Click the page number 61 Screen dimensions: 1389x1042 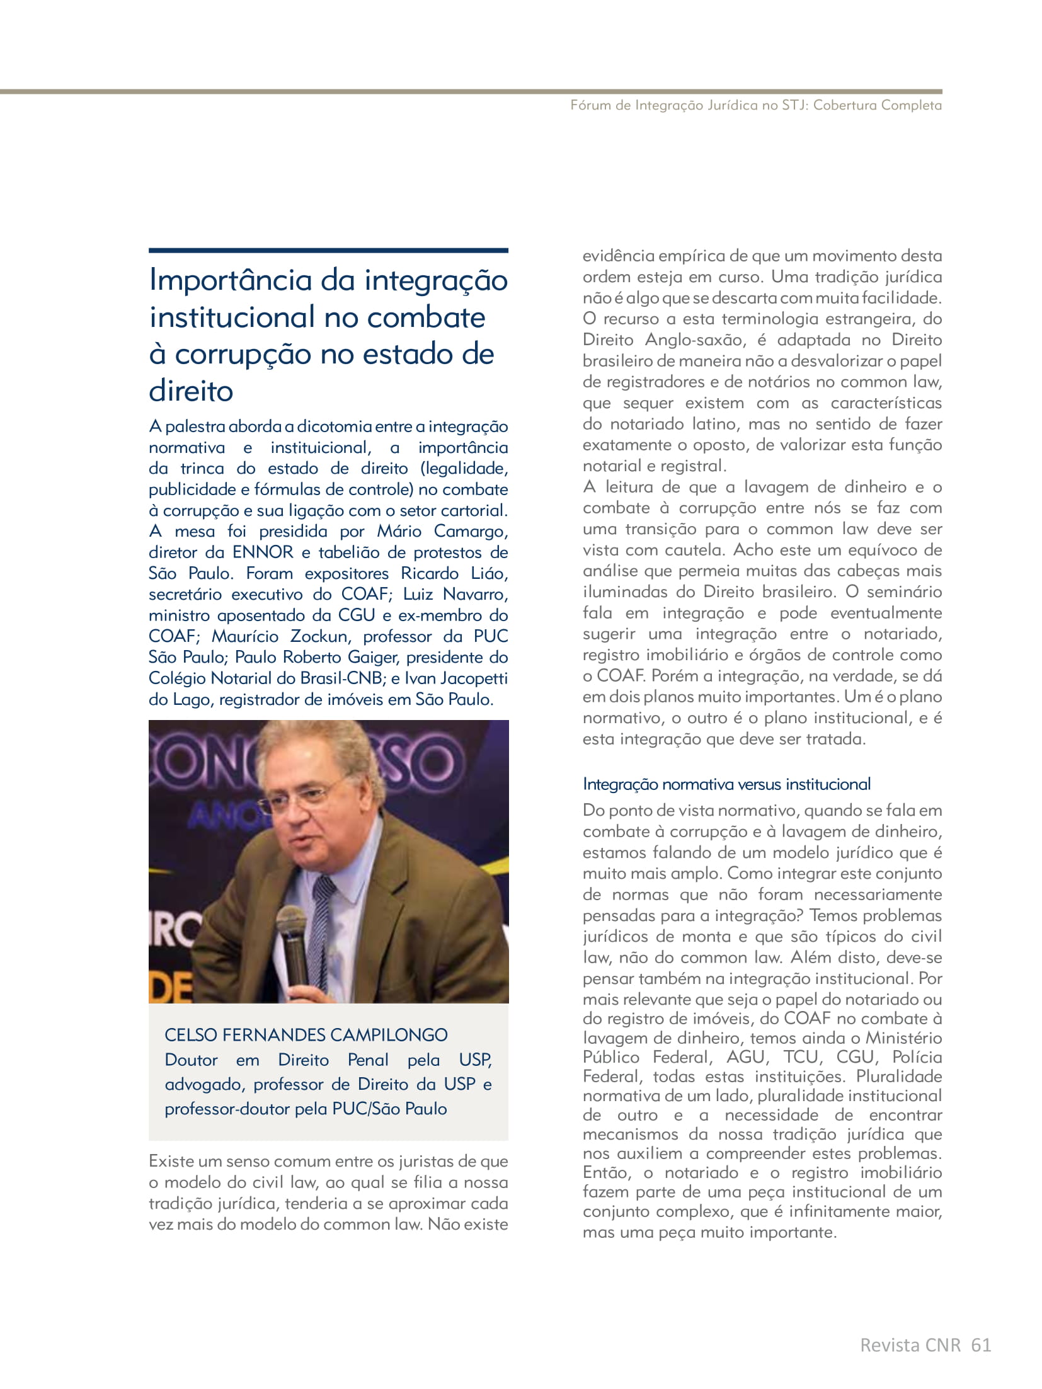981,1346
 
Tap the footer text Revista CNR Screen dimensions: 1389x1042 910,1346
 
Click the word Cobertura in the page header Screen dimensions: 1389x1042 845,105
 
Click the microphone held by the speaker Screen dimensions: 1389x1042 293,945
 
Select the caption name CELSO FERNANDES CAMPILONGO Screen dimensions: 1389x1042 306,1034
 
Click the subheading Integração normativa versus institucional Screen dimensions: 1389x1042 726,784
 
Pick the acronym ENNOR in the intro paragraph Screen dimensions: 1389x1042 263,552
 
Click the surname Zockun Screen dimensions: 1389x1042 319,636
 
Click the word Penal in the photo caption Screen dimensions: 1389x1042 368,1060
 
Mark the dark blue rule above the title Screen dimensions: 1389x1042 328,251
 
